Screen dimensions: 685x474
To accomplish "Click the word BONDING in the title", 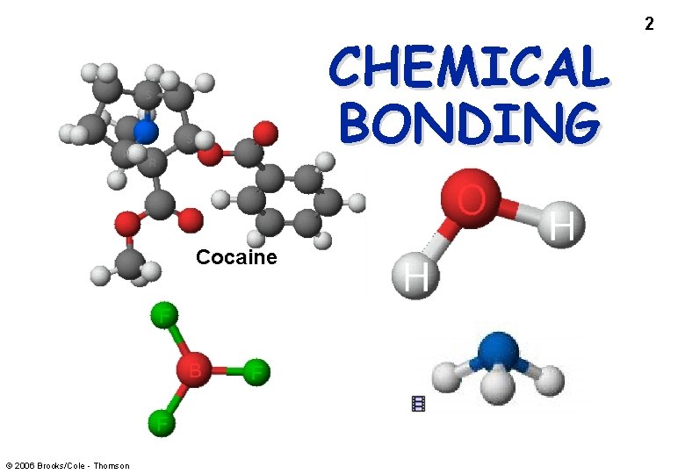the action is point(468,122).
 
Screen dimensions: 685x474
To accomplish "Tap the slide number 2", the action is point(649,24).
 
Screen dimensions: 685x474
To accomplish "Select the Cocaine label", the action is point(236,257).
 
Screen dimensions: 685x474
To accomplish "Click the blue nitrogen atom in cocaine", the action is point(146,133).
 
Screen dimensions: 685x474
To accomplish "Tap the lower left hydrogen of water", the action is point(416,276).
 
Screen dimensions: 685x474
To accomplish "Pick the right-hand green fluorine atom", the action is point(256,371).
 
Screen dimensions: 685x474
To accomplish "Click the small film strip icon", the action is point(419,404).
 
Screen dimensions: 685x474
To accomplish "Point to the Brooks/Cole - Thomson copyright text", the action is point(67,465).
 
